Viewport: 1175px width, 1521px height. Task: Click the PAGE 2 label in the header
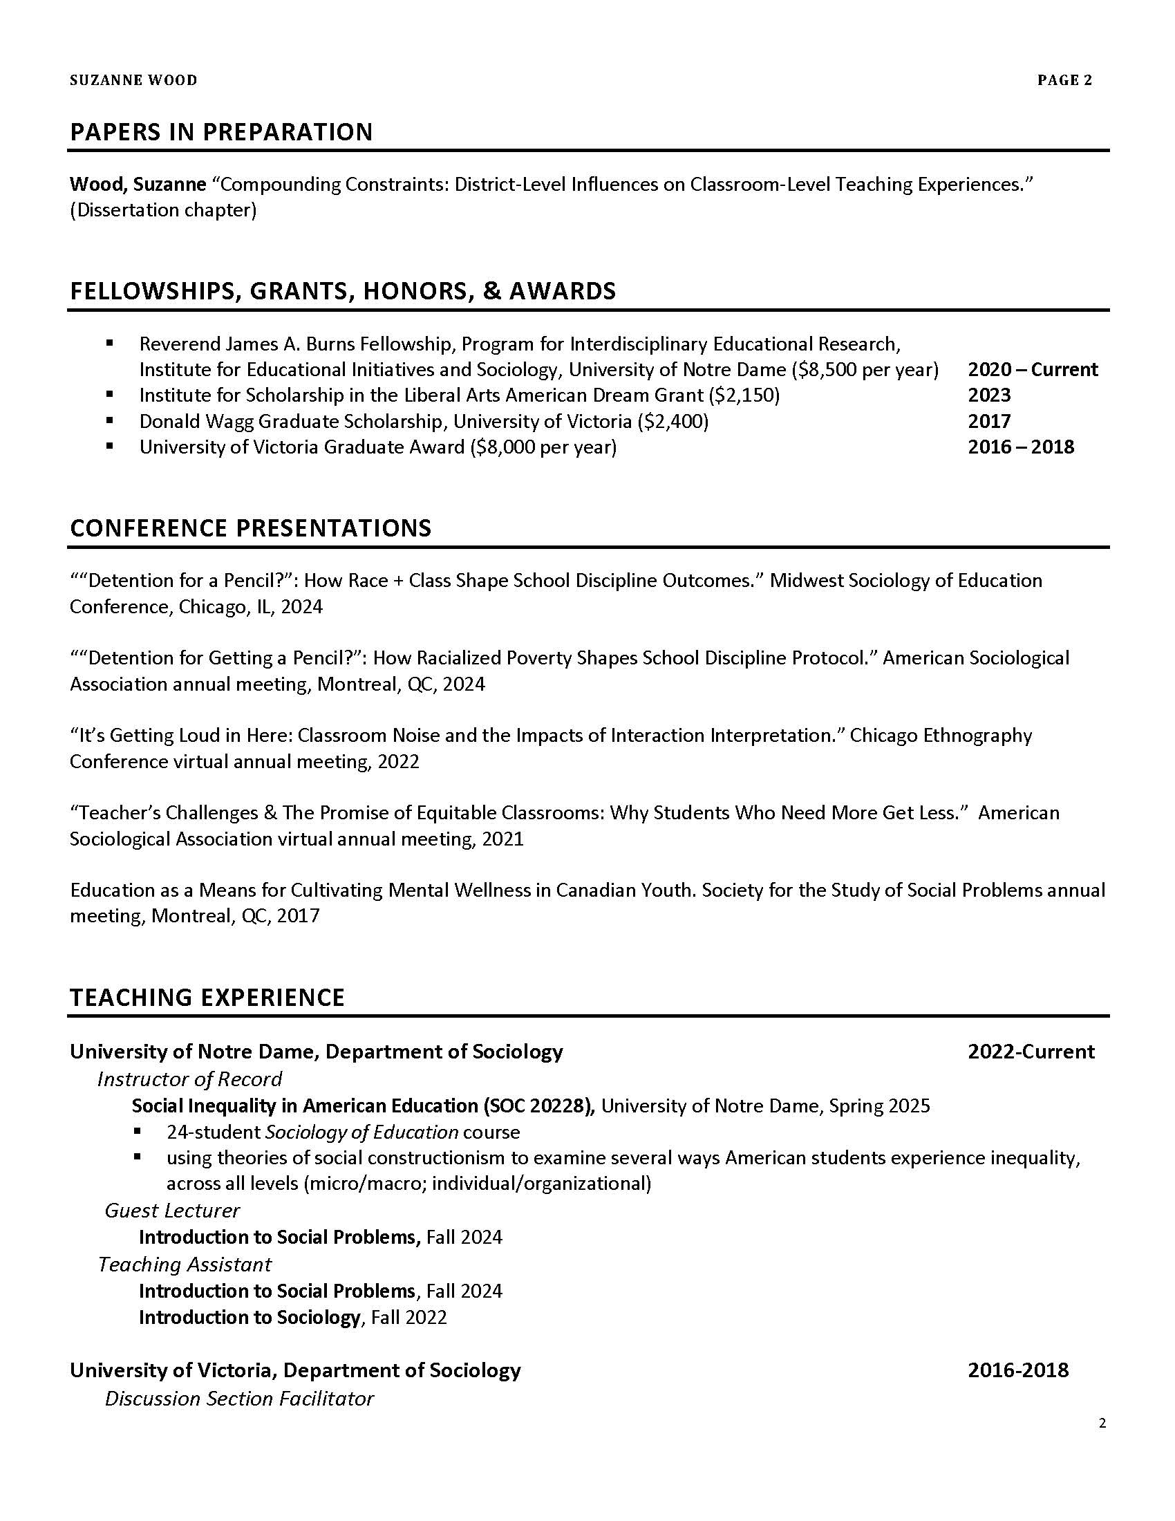point(1064,81)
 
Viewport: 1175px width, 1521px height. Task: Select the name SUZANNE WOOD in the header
point(133,81)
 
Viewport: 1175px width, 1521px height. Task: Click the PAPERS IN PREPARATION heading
point(221,131)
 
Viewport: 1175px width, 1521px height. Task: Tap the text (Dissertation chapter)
point(163,210)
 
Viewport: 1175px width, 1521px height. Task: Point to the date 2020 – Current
point(1033,369)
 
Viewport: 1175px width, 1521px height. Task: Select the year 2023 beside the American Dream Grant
point(988,395)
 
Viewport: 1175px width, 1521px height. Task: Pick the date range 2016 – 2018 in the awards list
point(1020,447)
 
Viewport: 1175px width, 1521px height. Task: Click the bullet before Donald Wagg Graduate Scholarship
point(109,420)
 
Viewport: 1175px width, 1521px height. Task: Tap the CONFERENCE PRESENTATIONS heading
point(251,528)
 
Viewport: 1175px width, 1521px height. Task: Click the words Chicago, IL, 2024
point(251,606)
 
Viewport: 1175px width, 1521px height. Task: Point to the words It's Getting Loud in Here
point(180,736)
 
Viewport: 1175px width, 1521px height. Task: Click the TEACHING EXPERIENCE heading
point(207,997)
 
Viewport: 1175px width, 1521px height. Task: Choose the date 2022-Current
point(1031,1052)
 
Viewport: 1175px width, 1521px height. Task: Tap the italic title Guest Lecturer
point(172,1211)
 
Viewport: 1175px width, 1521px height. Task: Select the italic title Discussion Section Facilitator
point(238,1399)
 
